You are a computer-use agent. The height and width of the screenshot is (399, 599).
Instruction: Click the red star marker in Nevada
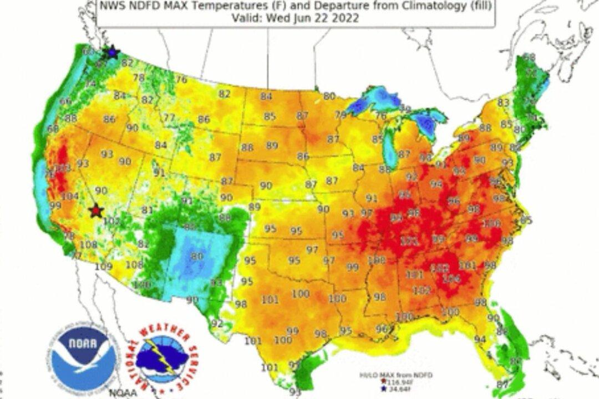(x=97, y=210)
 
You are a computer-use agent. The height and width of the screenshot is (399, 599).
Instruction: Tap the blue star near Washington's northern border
(x=113, y=52)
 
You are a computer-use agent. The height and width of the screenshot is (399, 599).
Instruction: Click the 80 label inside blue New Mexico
(x=196, y=257)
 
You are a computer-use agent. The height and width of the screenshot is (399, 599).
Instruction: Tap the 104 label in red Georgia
(x=451, y=279)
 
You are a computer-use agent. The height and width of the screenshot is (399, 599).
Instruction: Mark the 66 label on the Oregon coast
(x=65, y=101)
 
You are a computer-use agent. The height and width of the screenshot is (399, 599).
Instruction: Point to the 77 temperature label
(x=169, y=117)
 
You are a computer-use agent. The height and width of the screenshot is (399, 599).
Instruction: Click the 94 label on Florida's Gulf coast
(x=480, y=339)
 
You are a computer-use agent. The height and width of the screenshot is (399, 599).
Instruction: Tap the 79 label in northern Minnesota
(x=339, y=115)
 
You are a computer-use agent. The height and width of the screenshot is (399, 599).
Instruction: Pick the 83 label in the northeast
(x=504, y=103)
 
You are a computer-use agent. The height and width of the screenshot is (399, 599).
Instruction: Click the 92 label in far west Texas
(x=217, y=324)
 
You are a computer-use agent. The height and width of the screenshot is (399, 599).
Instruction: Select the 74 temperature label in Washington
(x=89, y=84)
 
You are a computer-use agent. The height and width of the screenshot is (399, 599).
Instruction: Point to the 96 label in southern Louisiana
(x=381, y=328)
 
